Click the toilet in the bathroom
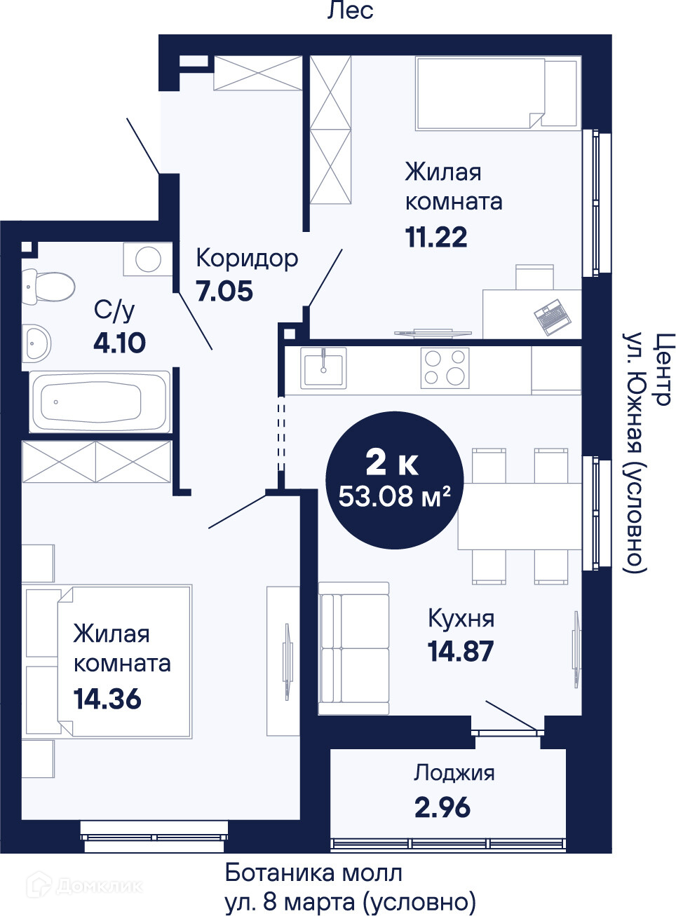click(48, 286)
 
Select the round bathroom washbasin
click(36, 343)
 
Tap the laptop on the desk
click(553, 317)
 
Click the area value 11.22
click(436, 238)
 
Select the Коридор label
click(247, 259)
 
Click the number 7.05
click(224, 291)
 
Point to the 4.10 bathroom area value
click(119, 343)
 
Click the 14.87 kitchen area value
click(461, 651)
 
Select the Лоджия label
click(454, 773)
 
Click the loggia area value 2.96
click(442, 807)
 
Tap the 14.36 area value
click(107, 699)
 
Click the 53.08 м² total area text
click(395, 497)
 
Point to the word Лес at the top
click(351, 11)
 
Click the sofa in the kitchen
click(354, 648)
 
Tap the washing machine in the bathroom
click(148, 259)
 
